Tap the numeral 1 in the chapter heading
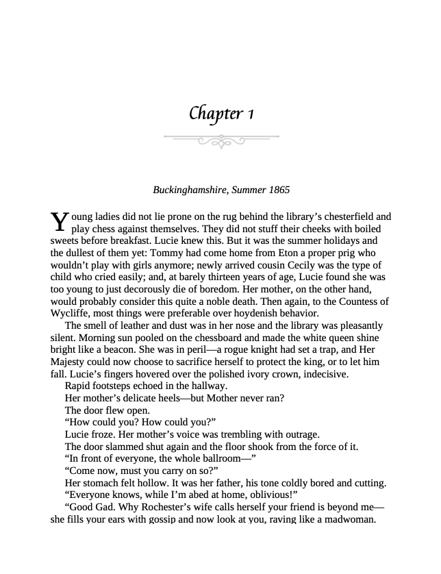pyautogui.click(x=251, y=113)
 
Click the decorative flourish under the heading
pyautogui.click(x=221, y=140)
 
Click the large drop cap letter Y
pyautogui.click(x=60, y=221)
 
